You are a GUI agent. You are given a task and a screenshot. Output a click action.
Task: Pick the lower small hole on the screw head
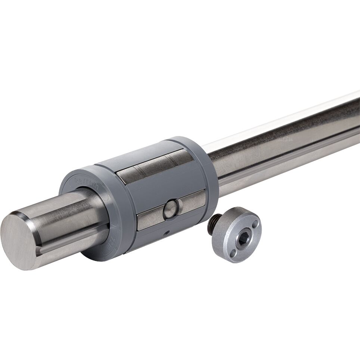pyautogui.click(x=233, y=254)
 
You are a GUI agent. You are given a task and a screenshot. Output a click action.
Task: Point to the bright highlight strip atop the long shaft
pyautogui.click(x=284, y=120)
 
